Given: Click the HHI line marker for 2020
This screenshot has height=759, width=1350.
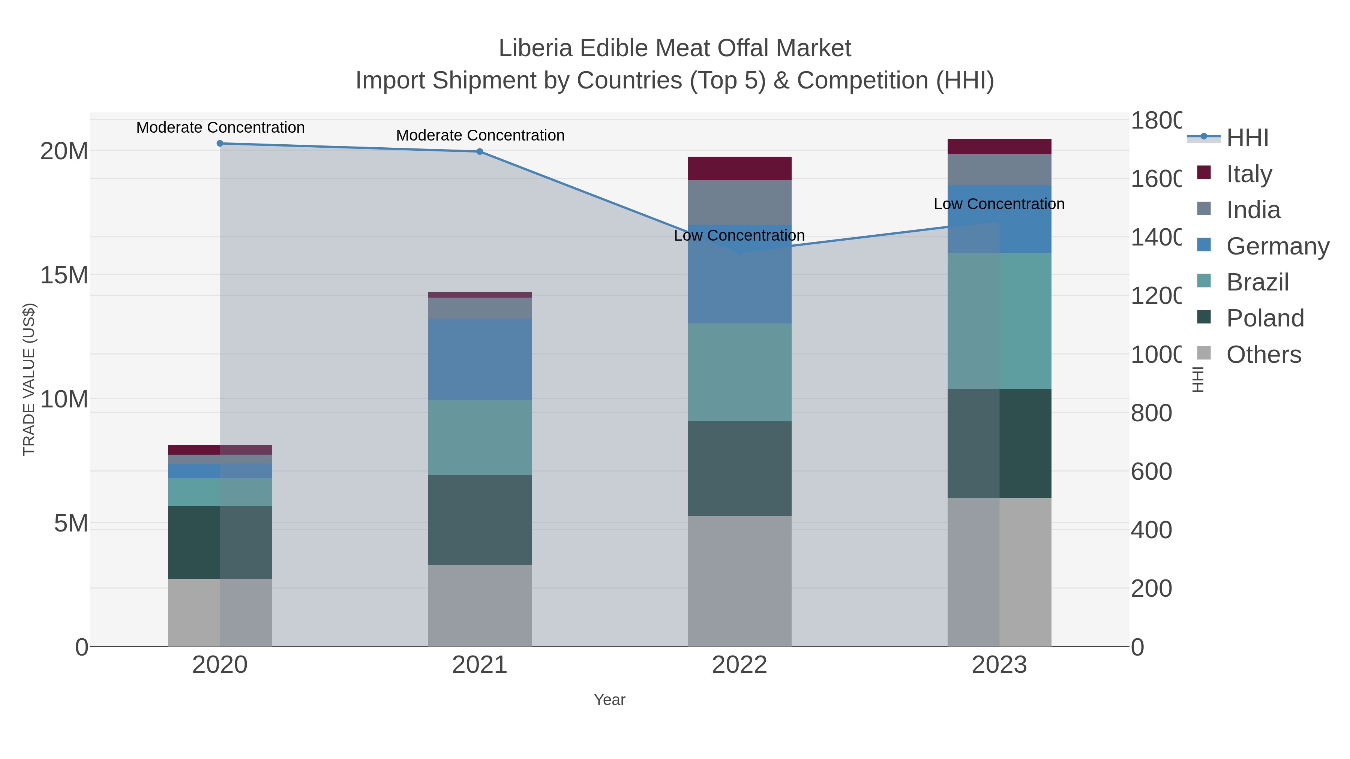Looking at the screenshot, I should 220,144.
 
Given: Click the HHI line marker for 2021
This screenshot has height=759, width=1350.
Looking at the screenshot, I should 480,152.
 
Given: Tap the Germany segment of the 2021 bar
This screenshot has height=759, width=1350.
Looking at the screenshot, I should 480,359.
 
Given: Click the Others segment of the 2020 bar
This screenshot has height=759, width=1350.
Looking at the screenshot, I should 220,612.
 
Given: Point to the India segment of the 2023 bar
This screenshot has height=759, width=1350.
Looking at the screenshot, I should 999,170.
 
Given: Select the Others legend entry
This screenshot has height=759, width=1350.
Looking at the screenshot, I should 1263,355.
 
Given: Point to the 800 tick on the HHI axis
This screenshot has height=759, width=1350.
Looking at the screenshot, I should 1151,413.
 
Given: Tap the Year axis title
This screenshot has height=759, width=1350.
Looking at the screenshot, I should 609,700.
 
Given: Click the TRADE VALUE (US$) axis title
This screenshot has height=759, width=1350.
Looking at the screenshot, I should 29,379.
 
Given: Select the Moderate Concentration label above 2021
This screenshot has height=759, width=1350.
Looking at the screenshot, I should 480,135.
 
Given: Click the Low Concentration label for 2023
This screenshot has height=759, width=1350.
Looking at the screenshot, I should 999,204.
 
